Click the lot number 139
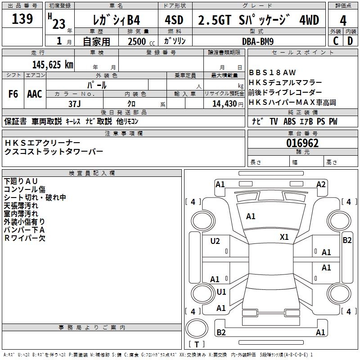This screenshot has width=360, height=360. pos(22,19)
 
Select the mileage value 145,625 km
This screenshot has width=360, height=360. pos(53,65)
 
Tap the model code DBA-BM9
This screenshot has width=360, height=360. pos(258,41)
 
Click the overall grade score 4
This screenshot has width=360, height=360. pos(343,21)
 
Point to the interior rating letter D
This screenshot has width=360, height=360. pos(350,41)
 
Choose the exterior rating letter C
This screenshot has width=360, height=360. pos(336,41)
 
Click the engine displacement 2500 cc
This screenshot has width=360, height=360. pos(141,41)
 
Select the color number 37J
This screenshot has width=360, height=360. pos(75,104)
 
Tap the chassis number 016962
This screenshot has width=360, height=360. pos(302,143)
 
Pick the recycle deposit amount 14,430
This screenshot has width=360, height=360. pos(225,104)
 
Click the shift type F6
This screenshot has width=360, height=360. pos(13,94)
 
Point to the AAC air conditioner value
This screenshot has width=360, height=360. pos(35,94)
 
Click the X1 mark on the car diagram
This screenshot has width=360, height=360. pos(284,237)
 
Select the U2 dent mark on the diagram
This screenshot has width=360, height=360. pos(215,241)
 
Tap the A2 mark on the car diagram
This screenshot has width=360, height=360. pos(321,184)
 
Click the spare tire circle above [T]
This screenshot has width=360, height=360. pos(197,328)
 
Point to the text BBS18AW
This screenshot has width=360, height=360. pos(272,72)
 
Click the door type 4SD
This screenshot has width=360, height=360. pos(174,20)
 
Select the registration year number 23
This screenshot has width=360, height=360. pos(59,24)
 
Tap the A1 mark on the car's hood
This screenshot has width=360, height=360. pos(251,216)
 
